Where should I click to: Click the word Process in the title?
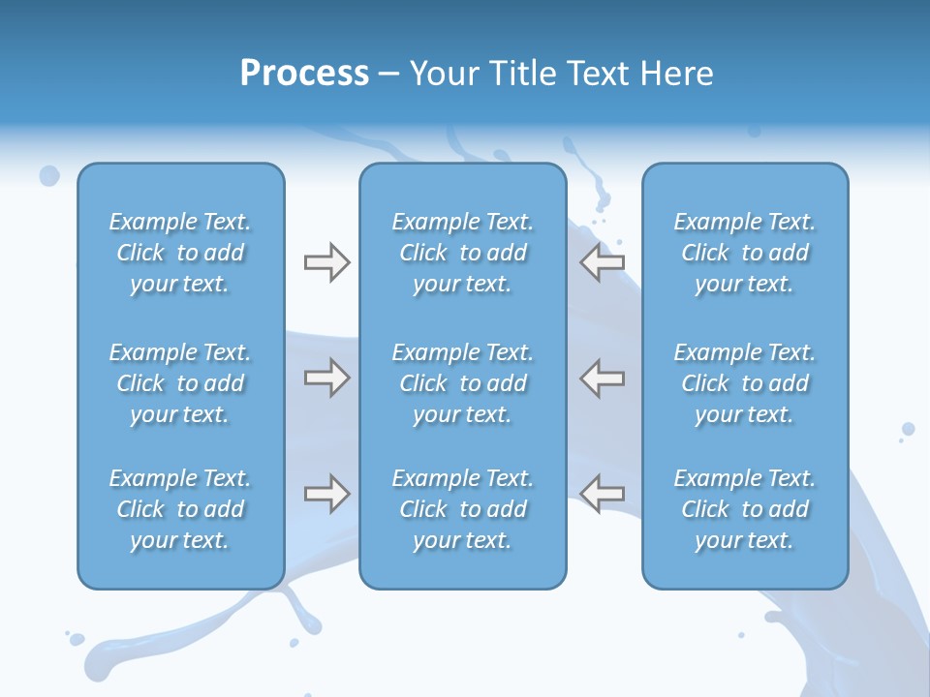(x=304, y=74)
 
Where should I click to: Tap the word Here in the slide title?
(x=676, y=74)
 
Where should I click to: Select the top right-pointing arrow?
(x=326, y=262)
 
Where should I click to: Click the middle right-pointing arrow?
(x=326, y=378)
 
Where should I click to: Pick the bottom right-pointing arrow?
(x=326, y=494)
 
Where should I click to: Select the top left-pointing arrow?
(x=603, y=262)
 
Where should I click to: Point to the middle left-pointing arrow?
(x=603, y=378)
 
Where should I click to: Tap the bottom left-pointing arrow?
(x=603, y=494)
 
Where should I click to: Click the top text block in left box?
(x=180, y=253)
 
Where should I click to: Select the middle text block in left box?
(x=180, y=383)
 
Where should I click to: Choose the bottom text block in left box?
(x=180, y=509)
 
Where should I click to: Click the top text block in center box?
(x=462, y=253)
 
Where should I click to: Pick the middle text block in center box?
(x=462, y=383)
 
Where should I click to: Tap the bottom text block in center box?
(x=462, y=509)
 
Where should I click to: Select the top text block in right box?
(x=744, y=253)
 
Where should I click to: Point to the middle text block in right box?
(x=744, y=383)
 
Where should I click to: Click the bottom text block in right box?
(x=744, y=509)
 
